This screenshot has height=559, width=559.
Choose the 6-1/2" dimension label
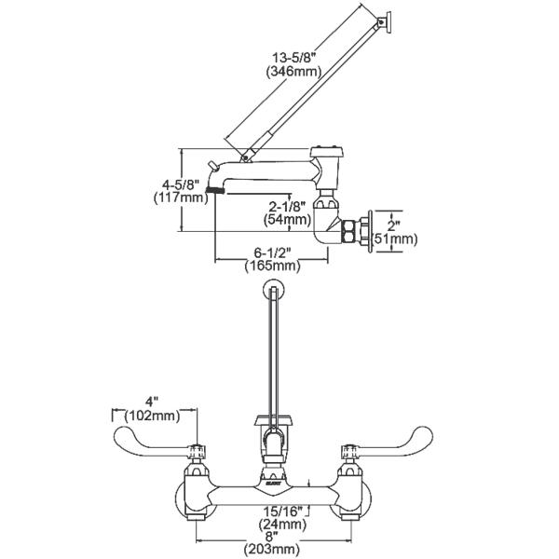coord(272,252)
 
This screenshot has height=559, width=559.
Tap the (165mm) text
coord(272,266)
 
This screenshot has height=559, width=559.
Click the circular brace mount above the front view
coord(274,290)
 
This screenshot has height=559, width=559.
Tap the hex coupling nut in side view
coord(352,230)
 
